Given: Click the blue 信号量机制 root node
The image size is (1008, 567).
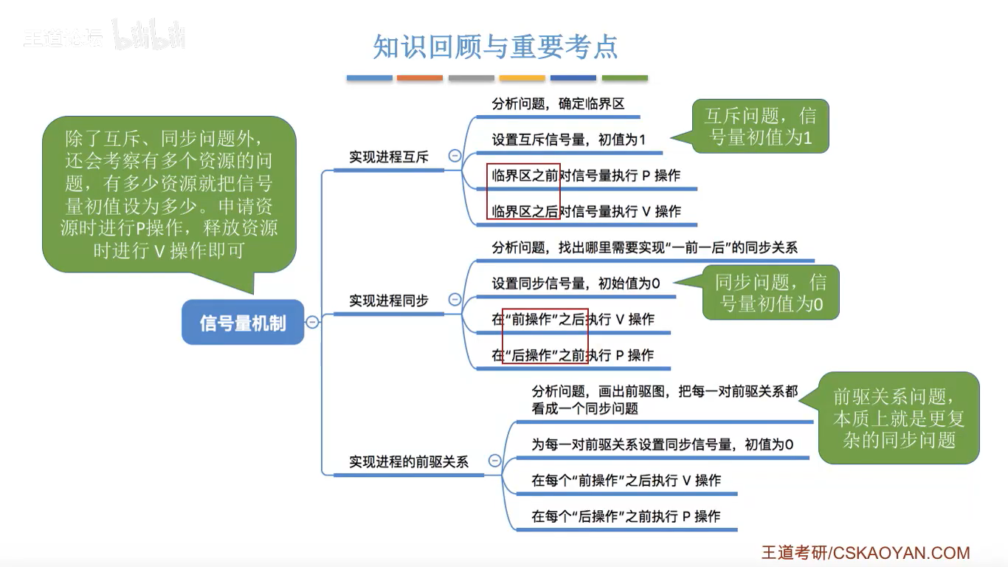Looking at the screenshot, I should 243,323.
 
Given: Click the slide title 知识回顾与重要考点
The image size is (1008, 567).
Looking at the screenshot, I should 495,47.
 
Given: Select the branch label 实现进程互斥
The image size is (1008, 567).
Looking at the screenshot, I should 389,157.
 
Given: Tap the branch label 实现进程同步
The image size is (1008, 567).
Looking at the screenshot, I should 389,300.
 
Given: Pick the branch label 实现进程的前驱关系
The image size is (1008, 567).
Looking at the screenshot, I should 409,462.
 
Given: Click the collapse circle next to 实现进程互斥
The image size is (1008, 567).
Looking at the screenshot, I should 455,156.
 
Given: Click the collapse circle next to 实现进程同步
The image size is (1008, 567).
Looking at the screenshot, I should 455,299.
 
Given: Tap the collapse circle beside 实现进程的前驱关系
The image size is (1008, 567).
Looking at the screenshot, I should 494,461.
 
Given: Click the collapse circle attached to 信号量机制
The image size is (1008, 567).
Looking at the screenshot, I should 313,322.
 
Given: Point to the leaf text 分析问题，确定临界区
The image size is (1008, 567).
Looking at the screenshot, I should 559,104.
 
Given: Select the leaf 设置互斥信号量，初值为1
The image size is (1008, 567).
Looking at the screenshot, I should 569,139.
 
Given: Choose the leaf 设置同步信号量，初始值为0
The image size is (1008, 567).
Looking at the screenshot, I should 576,283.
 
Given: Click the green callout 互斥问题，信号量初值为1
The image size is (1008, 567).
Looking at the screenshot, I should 759,127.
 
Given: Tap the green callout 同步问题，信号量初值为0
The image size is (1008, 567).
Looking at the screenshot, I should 770,292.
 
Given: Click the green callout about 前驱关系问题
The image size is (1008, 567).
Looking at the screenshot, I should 898,418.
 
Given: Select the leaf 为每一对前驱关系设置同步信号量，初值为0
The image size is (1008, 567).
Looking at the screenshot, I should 662,444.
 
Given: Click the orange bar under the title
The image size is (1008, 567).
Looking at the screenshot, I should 420,78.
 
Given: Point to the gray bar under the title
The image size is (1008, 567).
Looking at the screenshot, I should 471,78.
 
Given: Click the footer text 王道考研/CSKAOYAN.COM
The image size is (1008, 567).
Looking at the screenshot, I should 866,553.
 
